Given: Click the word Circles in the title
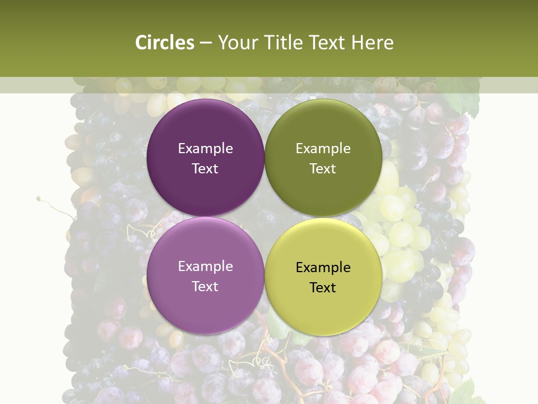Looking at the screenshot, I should tap(164, 43).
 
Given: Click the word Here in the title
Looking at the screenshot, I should tap(373, 43).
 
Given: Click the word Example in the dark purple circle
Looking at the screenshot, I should tap(205, 149).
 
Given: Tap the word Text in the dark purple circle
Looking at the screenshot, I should tap(205, 169).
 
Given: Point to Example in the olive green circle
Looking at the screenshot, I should tap(323, 149).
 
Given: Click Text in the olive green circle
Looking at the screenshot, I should tap(323, 169).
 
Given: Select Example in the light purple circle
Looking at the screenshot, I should tap(205, 267).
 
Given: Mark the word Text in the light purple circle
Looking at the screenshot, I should tap(205, 287).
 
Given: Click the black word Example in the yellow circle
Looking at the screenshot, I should tap(323, 268).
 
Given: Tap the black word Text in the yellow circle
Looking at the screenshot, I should tap(323, 288).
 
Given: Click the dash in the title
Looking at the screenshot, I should tap(206, 43).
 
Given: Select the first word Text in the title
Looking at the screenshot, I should tap(328, 43).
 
